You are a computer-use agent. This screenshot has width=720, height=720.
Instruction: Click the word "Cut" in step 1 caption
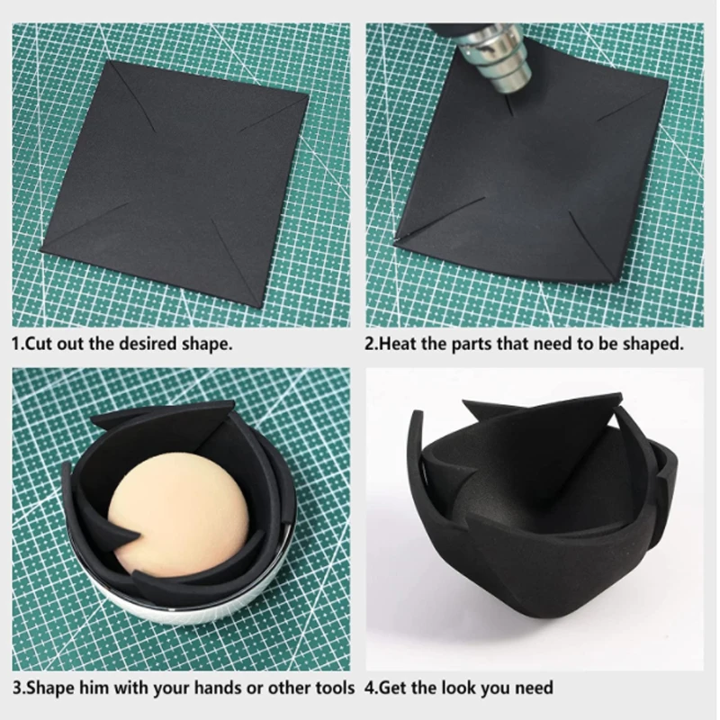[39, 344]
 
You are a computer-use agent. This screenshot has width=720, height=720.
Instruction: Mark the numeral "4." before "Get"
[373, 688]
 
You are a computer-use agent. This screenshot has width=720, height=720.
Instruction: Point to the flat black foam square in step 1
[175, 183]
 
